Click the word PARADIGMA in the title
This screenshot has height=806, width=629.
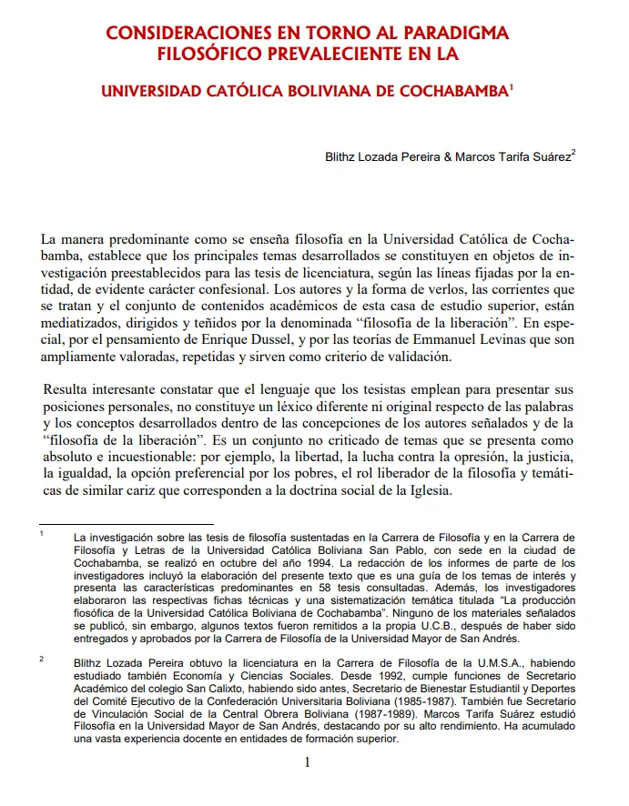pyautogui.click(x=453, y=34)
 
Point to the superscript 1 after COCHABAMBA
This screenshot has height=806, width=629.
pyautogui.click(x=512, y=87)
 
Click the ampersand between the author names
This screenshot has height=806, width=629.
pyautogui.click(x=448, y=156)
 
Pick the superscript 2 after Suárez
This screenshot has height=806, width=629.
pyautogui.click(x=573, y=152)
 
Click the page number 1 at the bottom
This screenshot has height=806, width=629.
pyautogui.click(x=308, y=762)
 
